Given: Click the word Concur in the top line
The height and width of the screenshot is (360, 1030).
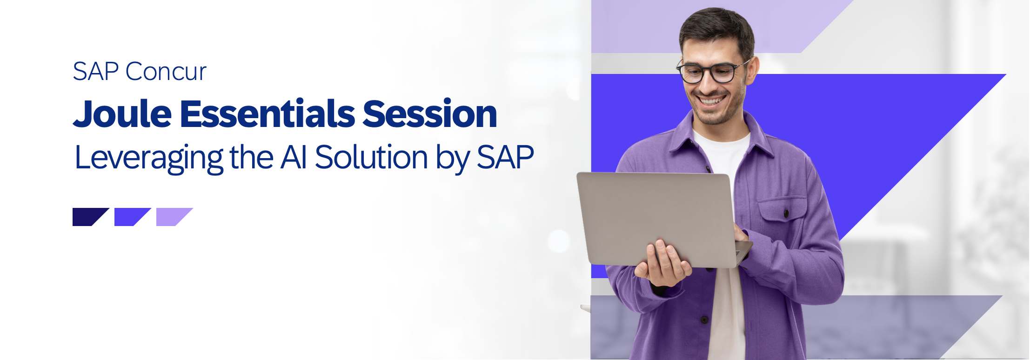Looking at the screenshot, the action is (166, 72).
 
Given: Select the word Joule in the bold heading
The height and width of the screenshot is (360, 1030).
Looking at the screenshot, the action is (122, 113).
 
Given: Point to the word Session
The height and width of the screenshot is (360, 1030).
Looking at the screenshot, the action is (430, 113).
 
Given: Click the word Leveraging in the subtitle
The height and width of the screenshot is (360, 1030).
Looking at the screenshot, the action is (149, 159).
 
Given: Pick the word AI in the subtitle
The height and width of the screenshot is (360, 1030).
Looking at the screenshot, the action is (294, 157).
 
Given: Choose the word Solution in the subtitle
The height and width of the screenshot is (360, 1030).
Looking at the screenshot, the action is (371, 157).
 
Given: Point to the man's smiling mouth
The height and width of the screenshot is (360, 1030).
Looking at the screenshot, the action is (711, 100).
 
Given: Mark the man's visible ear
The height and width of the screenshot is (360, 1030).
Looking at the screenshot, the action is (752, 70).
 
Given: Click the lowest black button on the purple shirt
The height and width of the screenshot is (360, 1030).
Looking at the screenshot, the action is (704, 320).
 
